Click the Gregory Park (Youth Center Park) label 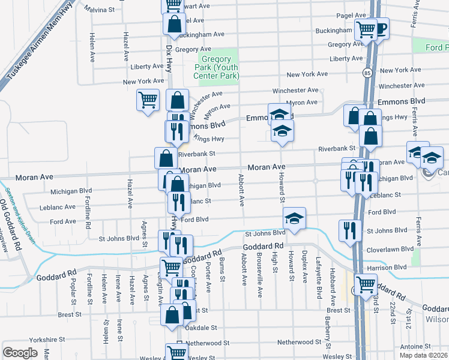(x=220, y=67)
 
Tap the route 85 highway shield (x=366, y=73)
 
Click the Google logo (x=20, y=353)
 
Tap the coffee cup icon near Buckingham (x=380, y=28)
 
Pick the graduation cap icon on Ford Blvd (x=294, y=218)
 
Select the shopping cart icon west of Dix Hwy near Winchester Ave (x=148, y=100)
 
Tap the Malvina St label (x=103, y=10)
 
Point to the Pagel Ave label (x=351, y=16)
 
